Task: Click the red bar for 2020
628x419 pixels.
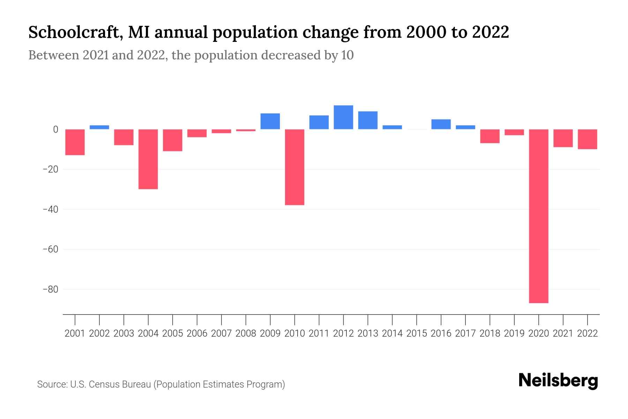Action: (538, 216)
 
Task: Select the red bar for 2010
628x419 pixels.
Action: (294, 167)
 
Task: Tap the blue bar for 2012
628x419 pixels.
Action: (343, 117)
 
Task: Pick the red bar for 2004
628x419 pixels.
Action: (148, 159)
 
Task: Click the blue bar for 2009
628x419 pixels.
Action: (270, 121)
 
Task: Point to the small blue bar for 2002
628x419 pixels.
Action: (99, 127)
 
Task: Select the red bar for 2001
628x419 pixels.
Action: (75, 142)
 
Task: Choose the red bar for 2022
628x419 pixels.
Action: (587, 139)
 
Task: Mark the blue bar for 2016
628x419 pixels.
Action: (441, 124)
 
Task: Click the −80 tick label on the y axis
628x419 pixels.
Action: (50, 289)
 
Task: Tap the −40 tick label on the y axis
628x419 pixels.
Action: (50, 209)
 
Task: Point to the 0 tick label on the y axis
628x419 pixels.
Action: (55, 130)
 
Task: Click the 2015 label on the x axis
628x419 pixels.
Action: (417, 333)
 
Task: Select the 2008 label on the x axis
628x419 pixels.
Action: (246, 333)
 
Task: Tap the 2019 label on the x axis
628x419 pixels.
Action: (514, 333)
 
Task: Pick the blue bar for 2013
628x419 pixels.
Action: (368, 120)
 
